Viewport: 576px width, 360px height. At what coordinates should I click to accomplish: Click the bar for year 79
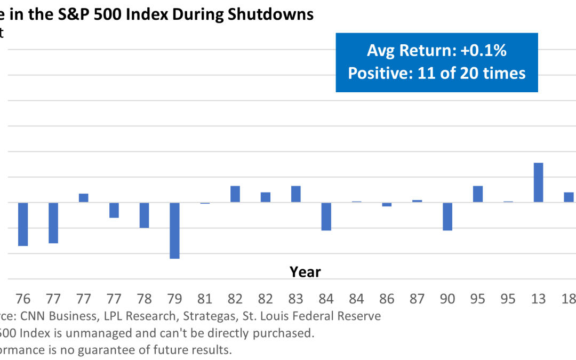[x=174, y=230]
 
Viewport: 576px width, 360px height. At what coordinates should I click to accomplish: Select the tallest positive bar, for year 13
[x=538, y=182]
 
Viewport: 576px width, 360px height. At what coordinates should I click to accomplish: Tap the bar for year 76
[x=23, y=224]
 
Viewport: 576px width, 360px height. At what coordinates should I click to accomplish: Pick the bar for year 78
[x=144, y=215]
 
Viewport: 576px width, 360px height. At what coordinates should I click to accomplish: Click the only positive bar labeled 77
[x=84, y=198]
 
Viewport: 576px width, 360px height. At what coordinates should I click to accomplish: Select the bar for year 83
[x=295, y=194]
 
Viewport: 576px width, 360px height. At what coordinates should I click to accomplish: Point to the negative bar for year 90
[x=447, y=216]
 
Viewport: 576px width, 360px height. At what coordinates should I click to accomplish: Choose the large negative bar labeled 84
[x=326, y=216]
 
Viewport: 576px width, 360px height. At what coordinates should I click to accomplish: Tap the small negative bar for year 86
[x=387, y=204]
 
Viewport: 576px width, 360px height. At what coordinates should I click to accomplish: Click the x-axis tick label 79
[x=174, y=299]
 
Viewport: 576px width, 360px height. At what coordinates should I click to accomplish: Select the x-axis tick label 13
[x=538, y=299]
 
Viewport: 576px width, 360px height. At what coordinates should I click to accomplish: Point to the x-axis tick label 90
[x=447, y=299]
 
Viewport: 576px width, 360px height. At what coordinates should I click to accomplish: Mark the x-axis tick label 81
[x=205, y=299]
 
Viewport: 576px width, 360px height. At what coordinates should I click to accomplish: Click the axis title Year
[x=305, y=272]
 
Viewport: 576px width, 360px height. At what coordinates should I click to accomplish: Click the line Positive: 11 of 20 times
[x=436, y=73]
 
